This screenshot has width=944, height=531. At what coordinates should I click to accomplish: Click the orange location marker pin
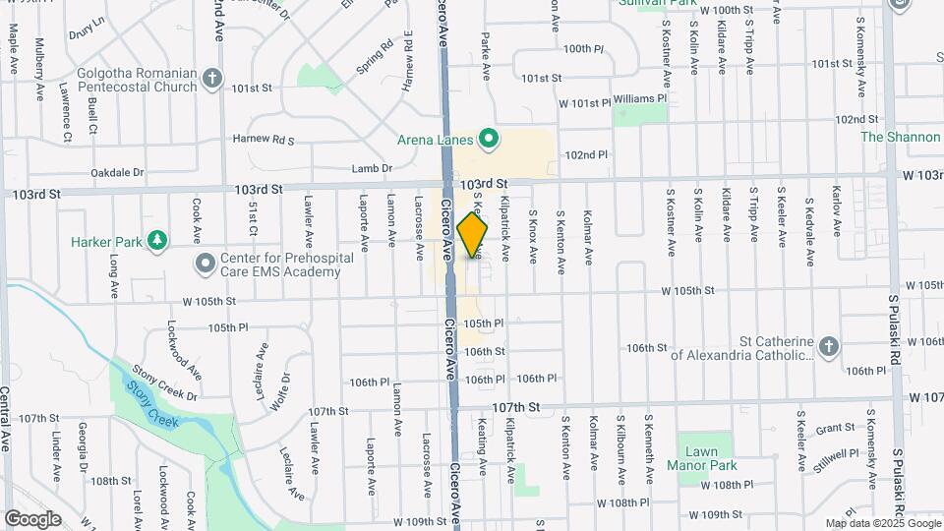pos(473,235)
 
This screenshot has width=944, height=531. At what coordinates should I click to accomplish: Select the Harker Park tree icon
pos(155,240)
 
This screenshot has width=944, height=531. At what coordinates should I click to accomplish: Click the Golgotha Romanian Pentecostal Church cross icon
pos(212,78)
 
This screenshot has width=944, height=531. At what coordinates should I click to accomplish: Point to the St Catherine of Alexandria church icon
pos(829,345)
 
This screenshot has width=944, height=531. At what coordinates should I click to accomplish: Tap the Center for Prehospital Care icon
pos(205,264)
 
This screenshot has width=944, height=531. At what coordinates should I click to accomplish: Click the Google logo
pos(32,519)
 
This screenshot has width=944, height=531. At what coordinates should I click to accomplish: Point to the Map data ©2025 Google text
pos(882,523)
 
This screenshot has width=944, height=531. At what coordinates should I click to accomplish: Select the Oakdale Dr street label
pos(117,172)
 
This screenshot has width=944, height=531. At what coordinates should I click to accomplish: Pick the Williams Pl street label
pos(641,99)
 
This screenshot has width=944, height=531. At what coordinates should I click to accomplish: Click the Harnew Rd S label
pos(263,140)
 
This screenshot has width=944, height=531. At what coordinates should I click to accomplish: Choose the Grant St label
pos(835,428)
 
